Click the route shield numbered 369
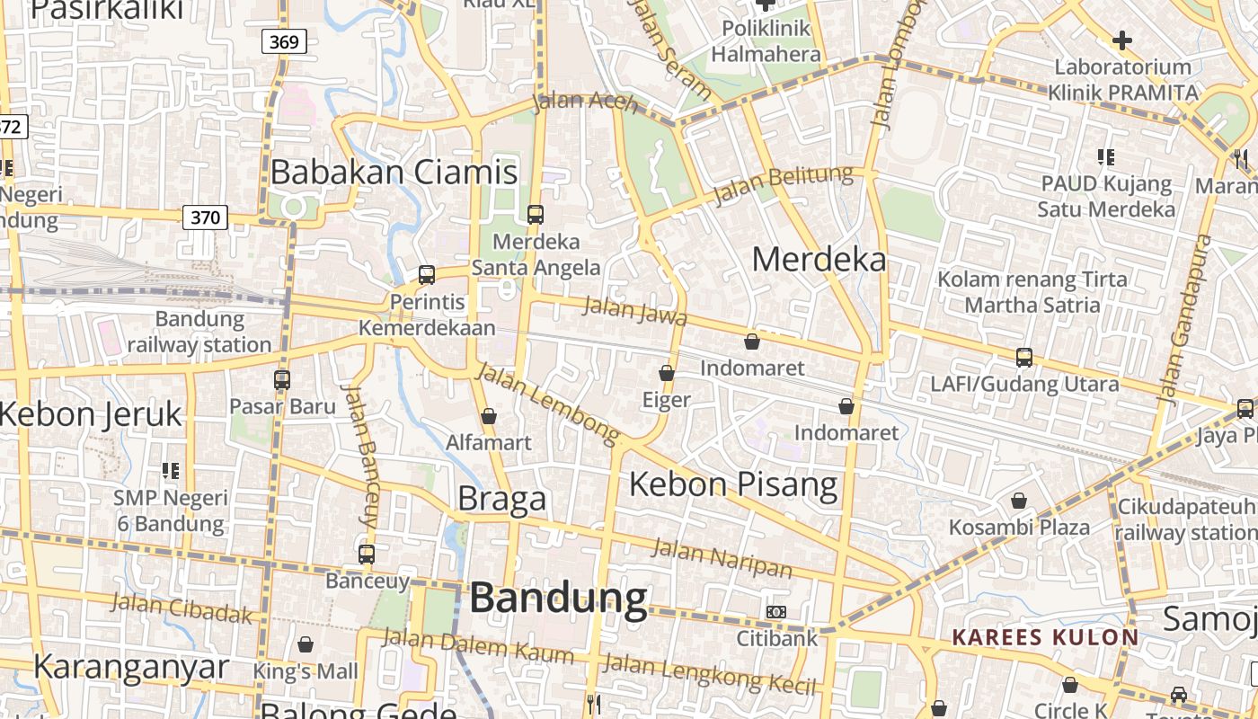pos(286,40)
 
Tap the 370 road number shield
pos(205,217)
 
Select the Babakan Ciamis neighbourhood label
pos(394,172)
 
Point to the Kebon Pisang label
pos(733,484)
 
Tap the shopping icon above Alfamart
pos(489,416)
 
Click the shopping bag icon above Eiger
pos(667,372)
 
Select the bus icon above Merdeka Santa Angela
pos(536,214)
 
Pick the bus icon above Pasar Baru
pos(282,379)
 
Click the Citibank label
pos(777,638)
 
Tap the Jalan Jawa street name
pos(635,311)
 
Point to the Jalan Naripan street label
pos(722,558)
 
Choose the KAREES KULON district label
pos(1045,637)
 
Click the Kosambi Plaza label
pos(1020,527)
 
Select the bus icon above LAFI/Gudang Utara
pos(1023,358)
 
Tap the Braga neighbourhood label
pos(501,499)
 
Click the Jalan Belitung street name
pos(782,185)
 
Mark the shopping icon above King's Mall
pos(306,644)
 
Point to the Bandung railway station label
pos(199,332)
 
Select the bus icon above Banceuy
pos(367,554)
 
